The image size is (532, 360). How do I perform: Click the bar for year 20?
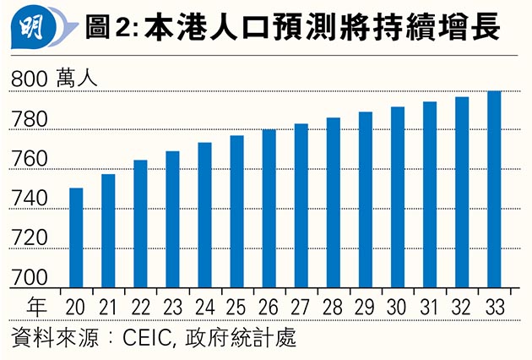76,238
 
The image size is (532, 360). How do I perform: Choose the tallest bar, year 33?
494,190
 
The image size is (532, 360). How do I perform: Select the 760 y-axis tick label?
29,159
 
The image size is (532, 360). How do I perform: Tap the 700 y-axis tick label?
29,277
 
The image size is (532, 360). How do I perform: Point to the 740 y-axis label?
29,199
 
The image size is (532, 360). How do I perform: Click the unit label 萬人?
79,79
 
